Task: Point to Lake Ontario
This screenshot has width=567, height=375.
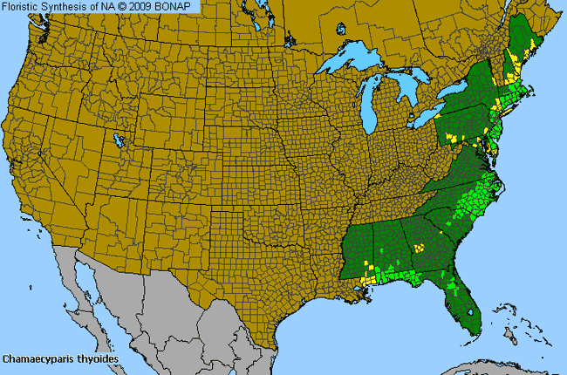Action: [457, 91]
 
